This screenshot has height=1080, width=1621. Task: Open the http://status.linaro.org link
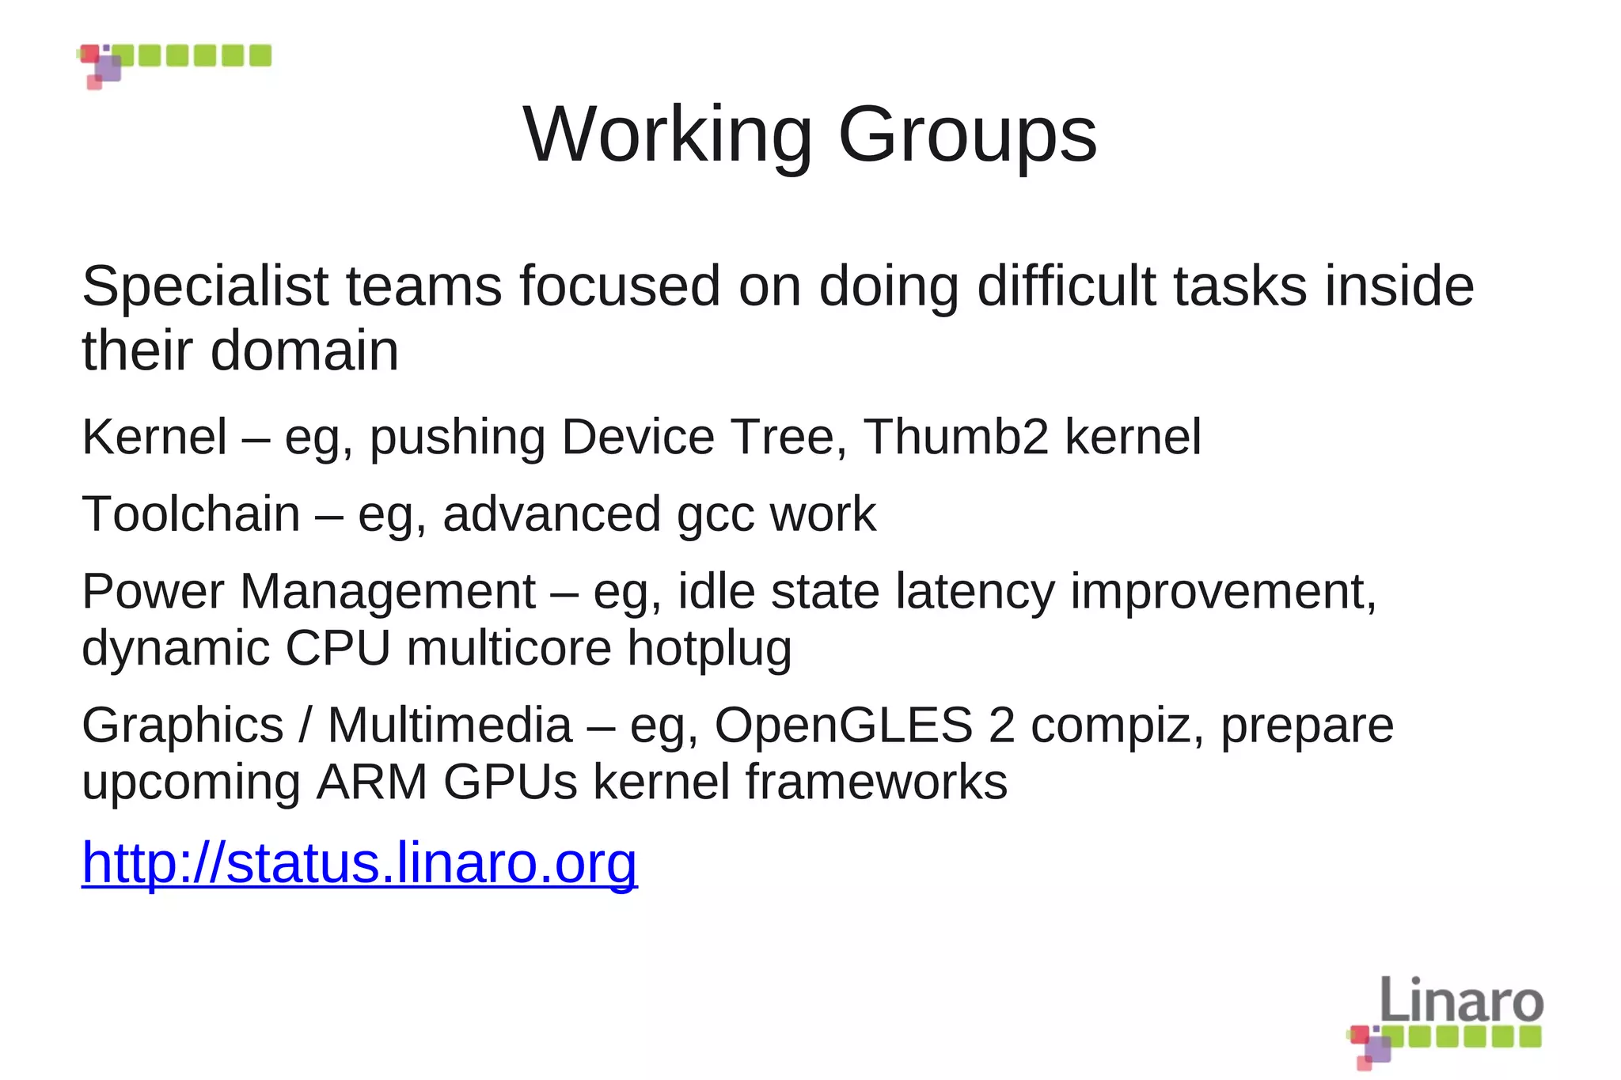point(359,862)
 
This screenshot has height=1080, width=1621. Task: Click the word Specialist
point(205,286)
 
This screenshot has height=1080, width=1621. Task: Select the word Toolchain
point(191,514)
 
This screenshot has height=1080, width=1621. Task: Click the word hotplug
point(709,649)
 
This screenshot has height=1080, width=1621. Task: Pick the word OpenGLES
point(843,725)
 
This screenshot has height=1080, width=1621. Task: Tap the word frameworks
point(875,782)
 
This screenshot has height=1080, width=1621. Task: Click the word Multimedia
point(450,725)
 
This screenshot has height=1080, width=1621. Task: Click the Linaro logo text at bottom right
point(1461,1001)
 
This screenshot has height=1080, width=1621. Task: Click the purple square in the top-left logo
point(108,69)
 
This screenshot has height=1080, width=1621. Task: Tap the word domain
point(305,351)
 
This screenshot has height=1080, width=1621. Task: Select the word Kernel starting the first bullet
point(154,437)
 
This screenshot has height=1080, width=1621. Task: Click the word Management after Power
point(387,592)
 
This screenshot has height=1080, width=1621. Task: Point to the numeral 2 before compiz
point(1001,725)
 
